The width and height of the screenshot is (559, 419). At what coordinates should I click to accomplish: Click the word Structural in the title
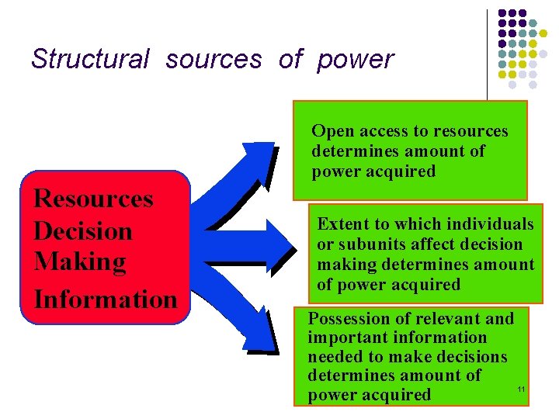pyautogui.click(x=89, y=59)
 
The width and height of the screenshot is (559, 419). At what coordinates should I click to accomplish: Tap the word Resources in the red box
pyautogui.click(x=93, y=199)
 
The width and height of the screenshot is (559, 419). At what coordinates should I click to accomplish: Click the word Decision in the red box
pyautogui.click(x=83, y=231)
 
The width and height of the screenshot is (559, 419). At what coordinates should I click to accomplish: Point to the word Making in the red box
pyautogui.click(x=80, y=262)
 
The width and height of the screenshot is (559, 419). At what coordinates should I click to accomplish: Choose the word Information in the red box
pyautogui.click(x=106, y=298)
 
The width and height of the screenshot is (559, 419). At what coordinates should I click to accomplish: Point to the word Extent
pyautogui.click(x=342, y=224)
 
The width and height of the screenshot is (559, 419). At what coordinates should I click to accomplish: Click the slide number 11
pyautogui.click(x=521, y=388)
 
